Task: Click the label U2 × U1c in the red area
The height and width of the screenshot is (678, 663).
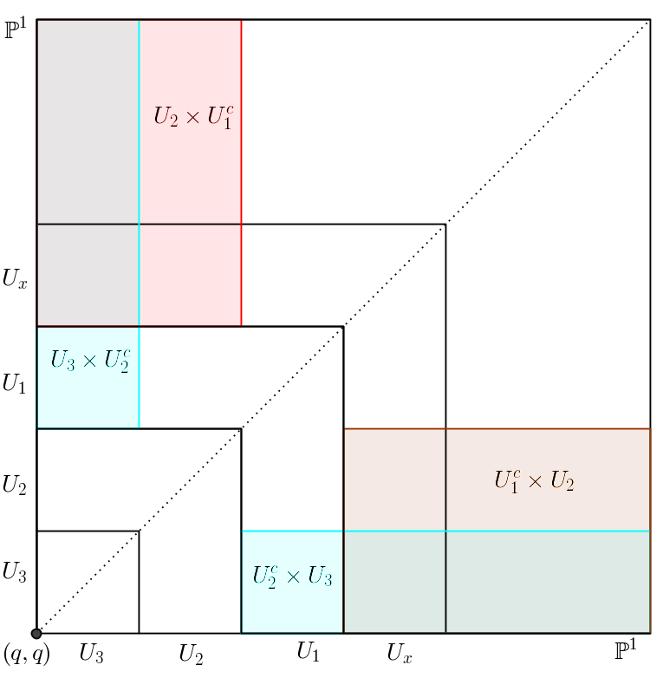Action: click(x=192, y=116)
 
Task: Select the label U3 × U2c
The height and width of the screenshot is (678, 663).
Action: click(x=89, y=361)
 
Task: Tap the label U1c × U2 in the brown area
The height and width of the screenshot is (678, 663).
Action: click(x=533, y=480)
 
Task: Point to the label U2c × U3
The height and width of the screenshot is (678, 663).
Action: click(x=292, y=576)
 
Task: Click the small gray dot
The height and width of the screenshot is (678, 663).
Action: click(x=36, y=634)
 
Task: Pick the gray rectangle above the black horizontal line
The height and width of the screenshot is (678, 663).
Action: click(x=88, y=121)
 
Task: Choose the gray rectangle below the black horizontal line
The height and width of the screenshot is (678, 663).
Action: click(x=88, y=275)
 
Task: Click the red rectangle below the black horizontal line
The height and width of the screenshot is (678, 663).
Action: click(x=191, y=275)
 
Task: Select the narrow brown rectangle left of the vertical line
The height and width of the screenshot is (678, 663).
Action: click(x=394, y=479)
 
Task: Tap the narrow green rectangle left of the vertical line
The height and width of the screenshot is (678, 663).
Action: click(x=394, y=581)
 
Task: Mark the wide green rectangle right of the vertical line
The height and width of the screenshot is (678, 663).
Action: click(x=548, y=581)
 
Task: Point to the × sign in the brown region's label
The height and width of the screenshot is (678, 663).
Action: click(x=533, y=481)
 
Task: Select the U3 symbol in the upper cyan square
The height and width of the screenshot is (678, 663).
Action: click(x=63, y=361)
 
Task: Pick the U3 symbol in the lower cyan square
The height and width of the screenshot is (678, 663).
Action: click(x=319, y=577)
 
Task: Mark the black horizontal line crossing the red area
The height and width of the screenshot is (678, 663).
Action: click(x=191, y=225)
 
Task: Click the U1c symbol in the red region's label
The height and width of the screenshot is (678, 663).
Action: click(x=218, y=116)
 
